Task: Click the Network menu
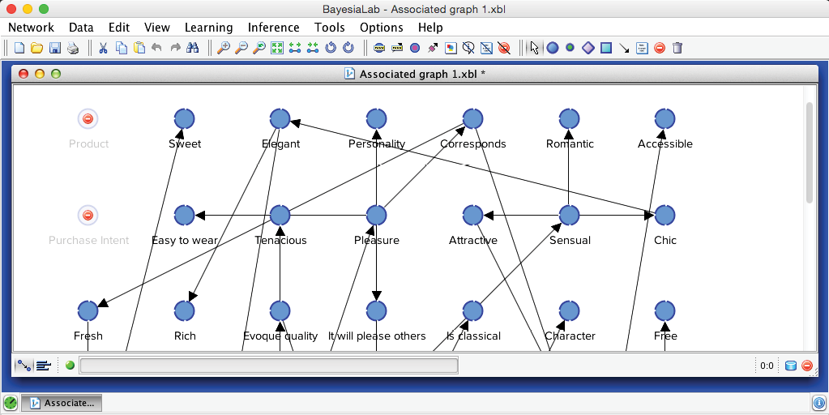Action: click(x=31, y=28)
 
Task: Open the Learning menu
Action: click(x=208, y=28)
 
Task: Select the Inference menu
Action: click(x=273, y=28)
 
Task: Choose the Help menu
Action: click(x=430, y=28)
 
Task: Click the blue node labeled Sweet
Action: click(x=184, y=119)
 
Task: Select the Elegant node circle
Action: click(x=280, y=119)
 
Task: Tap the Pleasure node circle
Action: click(x=376, y=216)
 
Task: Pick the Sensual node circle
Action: click(x=569, y=216)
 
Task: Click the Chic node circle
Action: click(x=664, y=216)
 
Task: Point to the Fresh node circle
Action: click(x=88, y=311)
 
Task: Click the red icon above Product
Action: click(x=88, y=119)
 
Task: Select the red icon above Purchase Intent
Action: click(x=88, y=216)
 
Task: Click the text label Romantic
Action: click(x=570, y=144)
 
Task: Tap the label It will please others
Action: click(x=377, y=336)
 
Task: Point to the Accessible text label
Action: click(x=664, y=144)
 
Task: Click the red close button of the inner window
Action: click(x=24, y=74)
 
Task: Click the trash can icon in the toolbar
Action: click(x=677, y=48)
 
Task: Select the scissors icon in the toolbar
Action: click(x=103, y=48)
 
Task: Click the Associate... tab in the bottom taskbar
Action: click(x=61, y=403)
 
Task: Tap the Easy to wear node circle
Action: click(x=184, y=216)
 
